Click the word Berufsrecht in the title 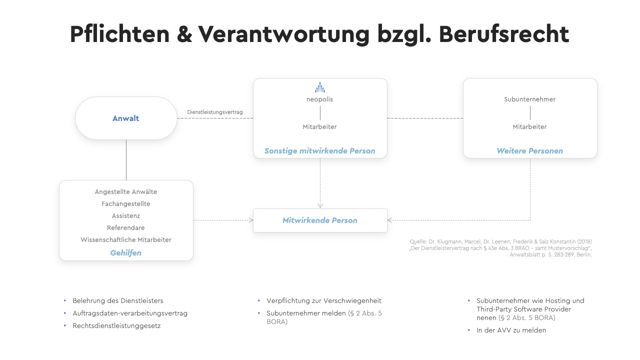click(504, 34)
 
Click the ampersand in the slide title click(184, 34)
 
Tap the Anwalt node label click(125, 118)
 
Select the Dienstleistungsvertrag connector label click(215, 112)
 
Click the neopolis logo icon click(320, 87)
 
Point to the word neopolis click(319, 99)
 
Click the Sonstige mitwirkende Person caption click(319, 151)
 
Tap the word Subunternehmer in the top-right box click(529, 99)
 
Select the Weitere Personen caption click(529, 151)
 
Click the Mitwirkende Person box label click(319, 220)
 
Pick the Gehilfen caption click(125, 253)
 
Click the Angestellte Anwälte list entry click(125, 191)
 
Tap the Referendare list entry click(125, 227)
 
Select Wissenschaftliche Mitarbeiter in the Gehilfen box click(125, 239)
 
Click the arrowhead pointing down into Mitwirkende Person click(320, 205)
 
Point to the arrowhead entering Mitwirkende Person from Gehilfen click(251, 220)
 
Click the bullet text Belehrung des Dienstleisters click(117, 301)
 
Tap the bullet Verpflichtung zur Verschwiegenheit click(324, 301)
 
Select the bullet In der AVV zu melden click(511, 330)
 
